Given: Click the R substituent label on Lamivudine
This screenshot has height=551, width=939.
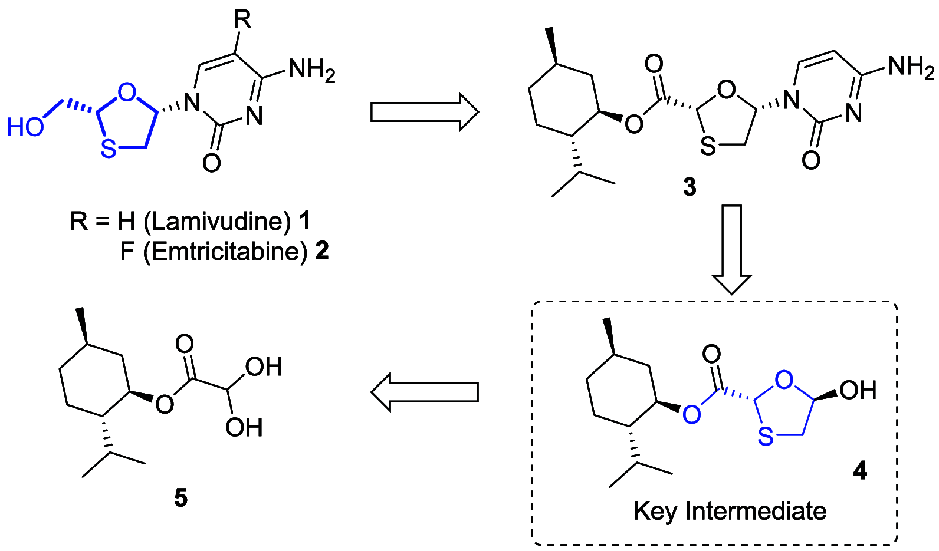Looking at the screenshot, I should tap(242, 19).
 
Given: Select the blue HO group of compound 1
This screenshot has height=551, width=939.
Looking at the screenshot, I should tap(25, 127).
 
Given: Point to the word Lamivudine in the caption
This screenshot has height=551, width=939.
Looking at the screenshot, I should tap(218, 221).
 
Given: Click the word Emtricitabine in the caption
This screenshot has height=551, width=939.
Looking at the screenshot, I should tap(225, 252).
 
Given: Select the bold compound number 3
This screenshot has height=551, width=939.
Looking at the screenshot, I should tap(690, 187).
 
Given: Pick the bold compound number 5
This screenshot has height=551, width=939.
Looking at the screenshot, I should tap(180, 498).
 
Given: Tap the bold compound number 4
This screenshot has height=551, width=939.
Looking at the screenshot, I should tap(860, 470).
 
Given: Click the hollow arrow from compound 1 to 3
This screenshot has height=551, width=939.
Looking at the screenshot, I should tap(424, 111).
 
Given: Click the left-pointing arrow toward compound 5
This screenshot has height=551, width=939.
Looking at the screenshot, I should tap(424, 392).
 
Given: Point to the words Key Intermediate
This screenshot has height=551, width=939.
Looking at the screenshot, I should tap(730, 511).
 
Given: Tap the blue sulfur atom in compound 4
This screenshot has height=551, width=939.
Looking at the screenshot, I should tap(765, 436).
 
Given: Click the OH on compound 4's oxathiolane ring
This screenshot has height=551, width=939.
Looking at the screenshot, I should tap(858, 390).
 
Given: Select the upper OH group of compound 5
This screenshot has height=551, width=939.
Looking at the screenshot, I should tap(264, 367).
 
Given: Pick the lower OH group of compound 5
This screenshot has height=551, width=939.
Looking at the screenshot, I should tap(244, 427).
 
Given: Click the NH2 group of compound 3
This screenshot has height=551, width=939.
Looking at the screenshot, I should tap(911, 67).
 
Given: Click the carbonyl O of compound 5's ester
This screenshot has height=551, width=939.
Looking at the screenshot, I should tap(185, 344).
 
